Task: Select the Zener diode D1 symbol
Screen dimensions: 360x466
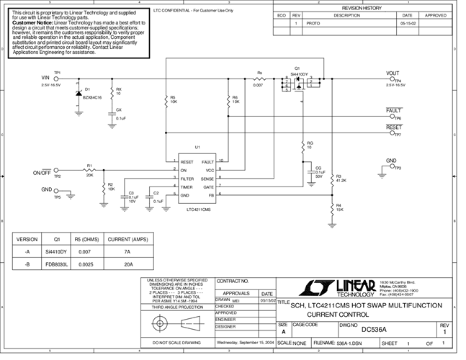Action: click(x=78, y=92)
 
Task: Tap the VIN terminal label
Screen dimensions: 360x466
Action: click(x=46, y=77)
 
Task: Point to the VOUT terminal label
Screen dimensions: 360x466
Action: click(x=393, y=73)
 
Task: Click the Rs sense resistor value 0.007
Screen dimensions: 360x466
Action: click(x=259, y=86)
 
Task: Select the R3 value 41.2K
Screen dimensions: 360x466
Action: click(x=341, y=180)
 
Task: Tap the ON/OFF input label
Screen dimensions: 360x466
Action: click(x=42, y=173)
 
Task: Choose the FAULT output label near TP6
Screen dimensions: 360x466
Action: click(x=394, y=110)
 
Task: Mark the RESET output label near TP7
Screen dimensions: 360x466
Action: click(x=394, y=127)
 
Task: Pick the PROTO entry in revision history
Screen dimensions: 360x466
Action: click(x=312, y=23)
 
